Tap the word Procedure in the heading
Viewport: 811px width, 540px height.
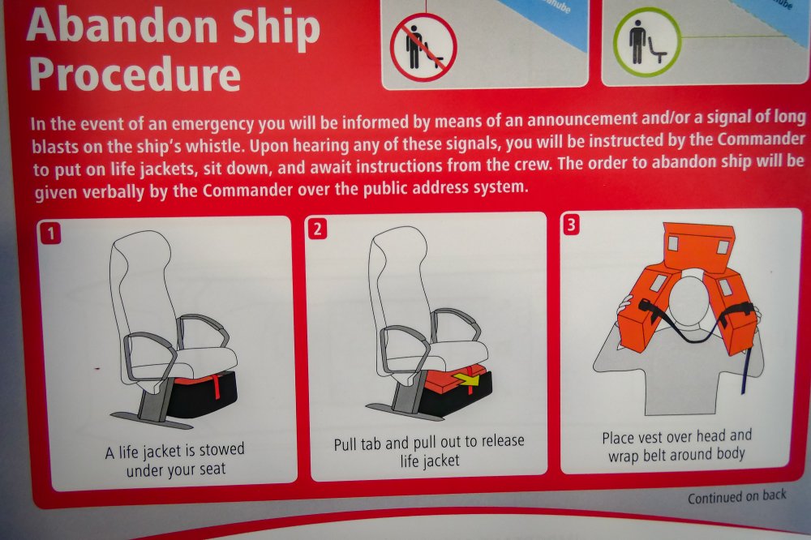coord(135,75)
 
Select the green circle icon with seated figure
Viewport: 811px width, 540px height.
coord(647,42)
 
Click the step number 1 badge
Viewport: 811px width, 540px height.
coord(50,234)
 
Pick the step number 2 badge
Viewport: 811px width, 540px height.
coord(317,229)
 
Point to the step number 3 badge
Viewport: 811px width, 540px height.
coord(570,225)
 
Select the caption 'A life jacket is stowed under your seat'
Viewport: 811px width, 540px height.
coord(175,459)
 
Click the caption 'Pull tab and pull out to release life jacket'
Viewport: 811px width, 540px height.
coord(429,451)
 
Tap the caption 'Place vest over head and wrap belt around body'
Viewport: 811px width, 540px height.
coord(676,446)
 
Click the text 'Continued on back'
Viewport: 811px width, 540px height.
coord(736,496)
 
